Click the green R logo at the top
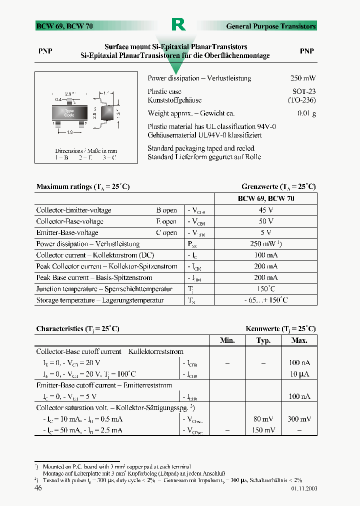(x=178, y=24)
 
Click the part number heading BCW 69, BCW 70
(x=64, y=26)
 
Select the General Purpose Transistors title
(x=271, y=26)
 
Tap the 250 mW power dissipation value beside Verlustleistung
(x=302, y=78)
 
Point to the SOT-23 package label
(x=304, y=91)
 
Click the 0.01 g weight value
(x=306, y=113)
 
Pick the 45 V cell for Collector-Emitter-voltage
(x=266, y=210)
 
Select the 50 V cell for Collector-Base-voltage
(x=266, y=221)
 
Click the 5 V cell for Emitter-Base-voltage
(x=266, y=232)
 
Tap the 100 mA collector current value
(x=266, y=255)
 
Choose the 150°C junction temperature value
(x=266, y=289)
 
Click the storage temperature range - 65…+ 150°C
(x=266, y=300)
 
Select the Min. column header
(x=227, y=340)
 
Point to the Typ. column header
(x=263, y=340)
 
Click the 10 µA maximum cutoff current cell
(x=299, y=374)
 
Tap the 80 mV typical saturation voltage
(x=263, y=419)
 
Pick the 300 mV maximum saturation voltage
(x=299, y=419)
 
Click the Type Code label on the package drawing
(x=69, y=113)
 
